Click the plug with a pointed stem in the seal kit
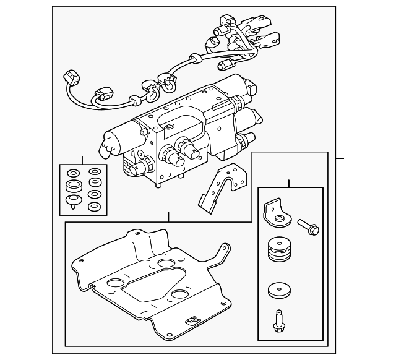(x=74, y=202)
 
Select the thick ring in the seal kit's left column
(x=74, y=187)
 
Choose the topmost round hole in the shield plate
(x=166, y=265)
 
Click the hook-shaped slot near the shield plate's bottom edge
(x=192, y=320)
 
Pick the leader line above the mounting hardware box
(x=288, y=183)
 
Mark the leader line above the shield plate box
(x=168, y=217)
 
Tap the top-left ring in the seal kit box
(x=74, y=173)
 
